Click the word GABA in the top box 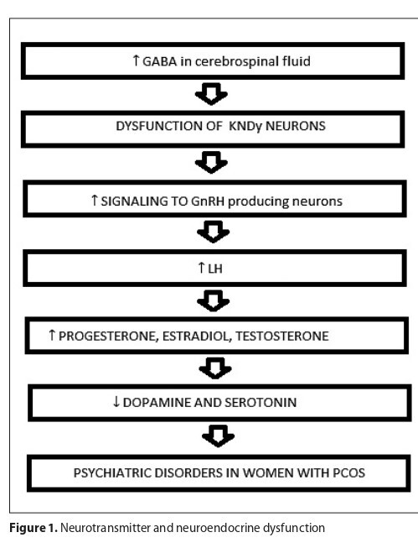(x=159, y=61)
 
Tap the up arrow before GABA (x=136, y=60)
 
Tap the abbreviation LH (x=215, y=269)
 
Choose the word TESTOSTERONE (x=282, y=337)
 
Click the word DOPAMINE (x=157, y=403)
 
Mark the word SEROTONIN (x=261, y=403)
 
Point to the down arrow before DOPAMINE (x=116, y=402)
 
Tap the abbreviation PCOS (x=348, y=472)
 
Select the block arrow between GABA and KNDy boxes (x=211, y=94)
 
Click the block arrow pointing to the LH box (x=213, y=232)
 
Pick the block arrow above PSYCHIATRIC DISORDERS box (x=218, y=436)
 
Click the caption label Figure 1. (x=34, y=528)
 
